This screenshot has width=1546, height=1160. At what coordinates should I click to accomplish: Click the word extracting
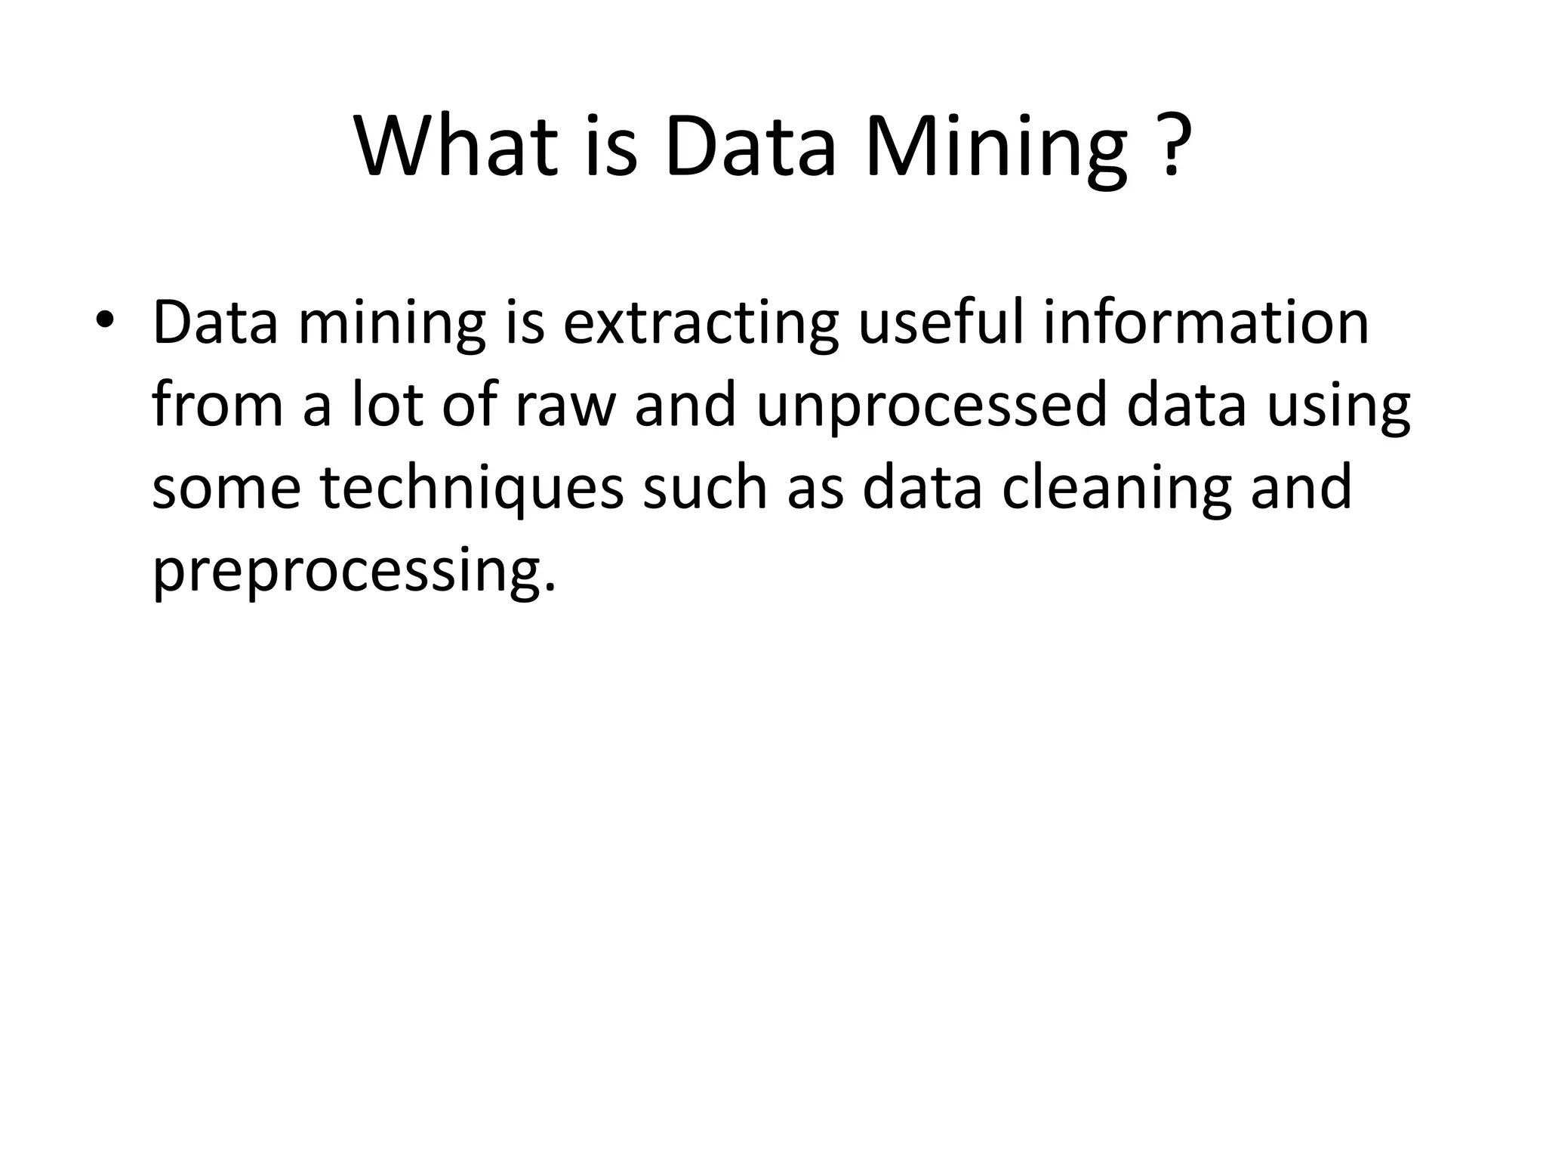pos(701,323)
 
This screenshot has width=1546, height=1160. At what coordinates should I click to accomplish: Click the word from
pos(217,405)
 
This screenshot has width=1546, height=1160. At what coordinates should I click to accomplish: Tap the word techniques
pos(472,488)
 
